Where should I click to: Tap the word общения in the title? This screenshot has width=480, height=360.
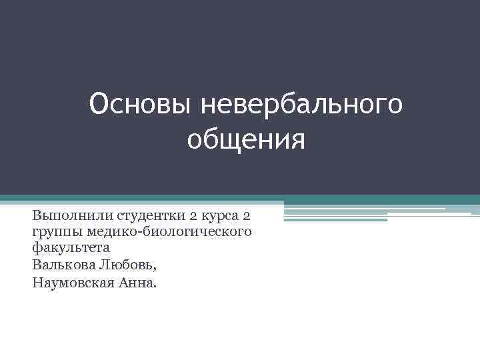[246, 139]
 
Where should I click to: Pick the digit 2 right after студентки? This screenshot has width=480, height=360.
[192, 216]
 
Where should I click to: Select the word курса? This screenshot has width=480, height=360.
[219, 216]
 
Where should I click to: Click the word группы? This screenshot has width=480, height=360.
[53, 232]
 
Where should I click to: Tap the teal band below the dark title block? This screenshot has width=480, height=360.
[240, 198]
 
